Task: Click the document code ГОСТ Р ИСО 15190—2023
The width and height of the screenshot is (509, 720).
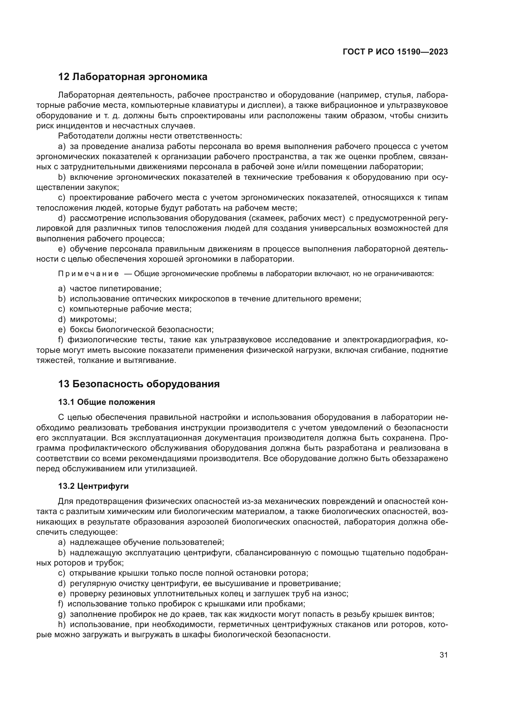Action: point(395,52)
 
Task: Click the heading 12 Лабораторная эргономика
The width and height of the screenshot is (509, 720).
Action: point(133,77)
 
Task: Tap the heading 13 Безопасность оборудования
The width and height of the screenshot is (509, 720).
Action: point(138,384)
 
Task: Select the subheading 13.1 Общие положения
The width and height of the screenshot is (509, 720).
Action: point(106,402)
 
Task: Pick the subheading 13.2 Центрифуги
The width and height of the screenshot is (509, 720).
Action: point(94,486)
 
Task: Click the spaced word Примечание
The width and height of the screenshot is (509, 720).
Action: point(88,274)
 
